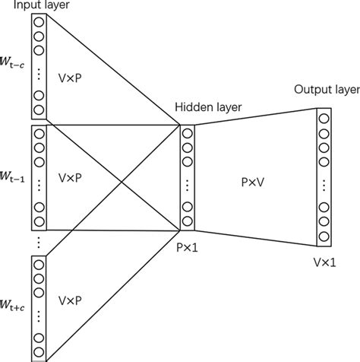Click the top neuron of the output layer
[324, 118]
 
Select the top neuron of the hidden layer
[188, 134]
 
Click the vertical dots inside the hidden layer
[188, 183]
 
